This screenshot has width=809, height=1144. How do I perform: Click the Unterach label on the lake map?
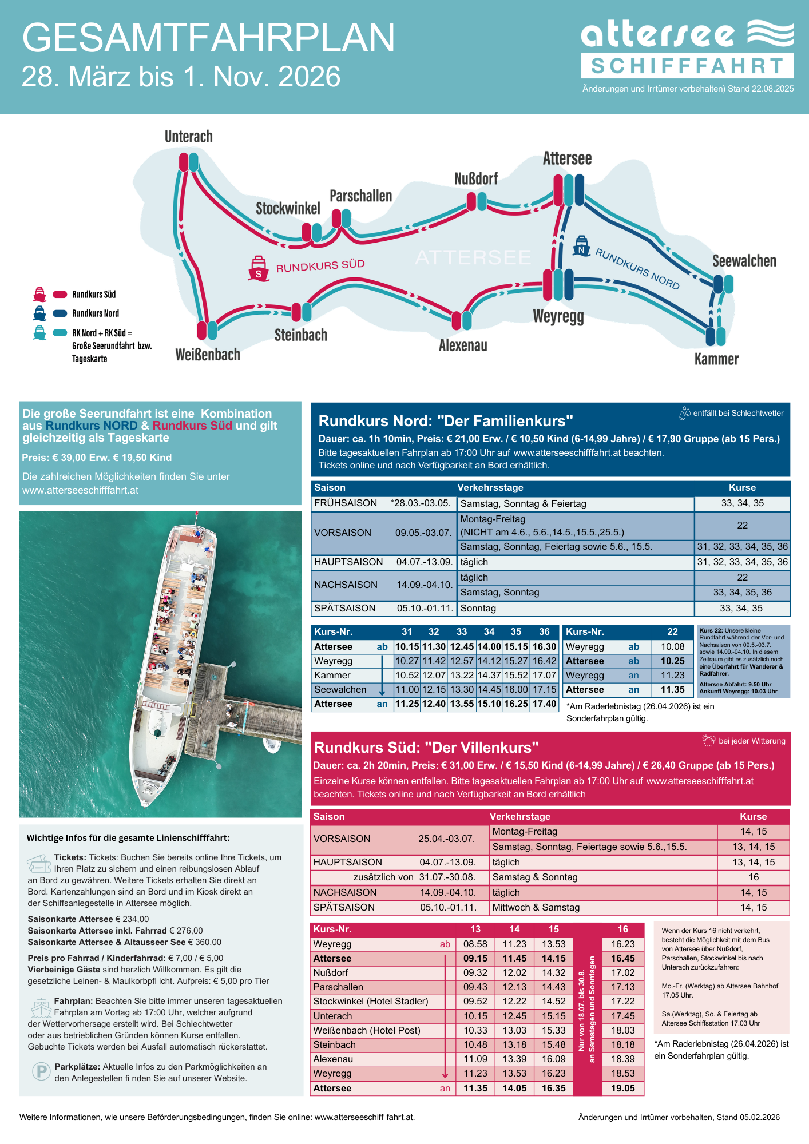click(x=188, y=137)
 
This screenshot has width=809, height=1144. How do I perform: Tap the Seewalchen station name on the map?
click(x=744, y=261)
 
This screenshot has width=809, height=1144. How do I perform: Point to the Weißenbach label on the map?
click(x=208, y=355)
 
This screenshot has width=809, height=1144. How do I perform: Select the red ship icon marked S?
click(x=258, y=269)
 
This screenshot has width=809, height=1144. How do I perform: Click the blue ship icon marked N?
click(x=581, y=246)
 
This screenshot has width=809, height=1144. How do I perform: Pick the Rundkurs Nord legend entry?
click(x=95, y=313)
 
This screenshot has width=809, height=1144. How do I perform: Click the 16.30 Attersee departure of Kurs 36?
click(x=544, y=646)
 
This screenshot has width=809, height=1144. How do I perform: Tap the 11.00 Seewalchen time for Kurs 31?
click(x=407, y=689)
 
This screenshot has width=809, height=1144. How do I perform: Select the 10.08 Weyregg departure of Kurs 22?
click(x=672, y=646)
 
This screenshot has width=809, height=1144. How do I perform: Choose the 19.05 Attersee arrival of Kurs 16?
click(x=622, y=1088)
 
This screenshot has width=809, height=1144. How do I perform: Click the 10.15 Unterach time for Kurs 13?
click(x=475, y=1016)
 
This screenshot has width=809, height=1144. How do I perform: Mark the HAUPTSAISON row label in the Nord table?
click(x=348, y=562)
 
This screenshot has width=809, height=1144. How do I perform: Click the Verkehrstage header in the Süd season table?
click(x=519, y=816)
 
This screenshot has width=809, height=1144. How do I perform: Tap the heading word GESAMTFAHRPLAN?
click(x=208, y=38)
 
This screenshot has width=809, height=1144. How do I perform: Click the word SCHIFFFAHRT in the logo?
click(x=687, y=66)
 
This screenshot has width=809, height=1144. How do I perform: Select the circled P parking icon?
click(x=41, y=1071)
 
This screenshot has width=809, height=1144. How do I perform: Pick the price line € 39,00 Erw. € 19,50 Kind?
click(x=97, y=458)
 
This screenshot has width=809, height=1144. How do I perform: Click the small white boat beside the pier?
click(x=272, y=745)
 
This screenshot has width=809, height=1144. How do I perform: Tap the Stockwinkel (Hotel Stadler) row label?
click(x=370, y=1001)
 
